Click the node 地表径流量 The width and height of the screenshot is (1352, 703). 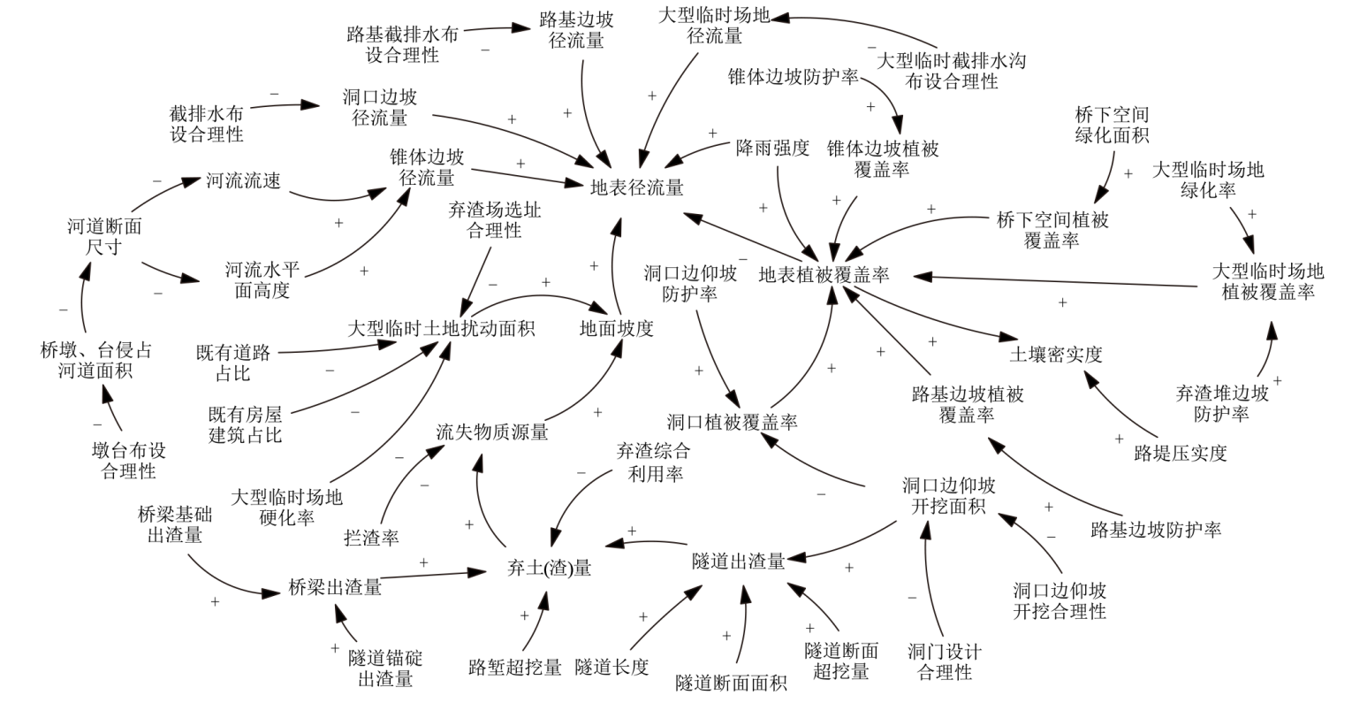pyautogui.click(x=637, y=187)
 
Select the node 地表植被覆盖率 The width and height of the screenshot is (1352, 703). pyautogui.click(x=824, y=275)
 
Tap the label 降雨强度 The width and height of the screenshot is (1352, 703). pyautogui.click(x=772, y=148)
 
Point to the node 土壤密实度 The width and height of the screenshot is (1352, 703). pyautogui.click(x=1055, y=355)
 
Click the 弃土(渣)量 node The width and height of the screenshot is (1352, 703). pyautogui.click(x=549, y=568)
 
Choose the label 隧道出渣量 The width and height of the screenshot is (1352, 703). pyautogui.click(x=739, y=561)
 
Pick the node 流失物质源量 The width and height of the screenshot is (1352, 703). pyautogui.click(x=492, y=432)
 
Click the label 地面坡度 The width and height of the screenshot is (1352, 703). pyautogui.click(x=617, y=328)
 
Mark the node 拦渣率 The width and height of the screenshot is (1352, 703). pyautogui.click(x=371, y=536)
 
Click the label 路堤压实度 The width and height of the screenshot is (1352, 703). pyautogui.click(x=1181, y=454)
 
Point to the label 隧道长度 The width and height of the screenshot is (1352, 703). pyautogui.click(x=611, y=666)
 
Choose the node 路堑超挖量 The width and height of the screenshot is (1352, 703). pyautogui.click(x=515, y=666)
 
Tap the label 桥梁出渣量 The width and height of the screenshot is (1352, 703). pyautogui.click(x=335, y=586)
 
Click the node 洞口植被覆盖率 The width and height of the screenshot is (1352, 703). pyautogui.click(x=732, y=422)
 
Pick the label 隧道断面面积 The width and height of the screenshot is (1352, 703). pyautogui.click(x=731, y=682)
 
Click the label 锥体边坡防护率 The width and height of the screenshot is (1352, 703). pyautogui.click(x=794, y=77)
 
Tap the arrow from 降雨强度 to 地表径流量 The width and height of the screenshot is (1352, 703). pyautogui.click(x=698, y=153)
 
